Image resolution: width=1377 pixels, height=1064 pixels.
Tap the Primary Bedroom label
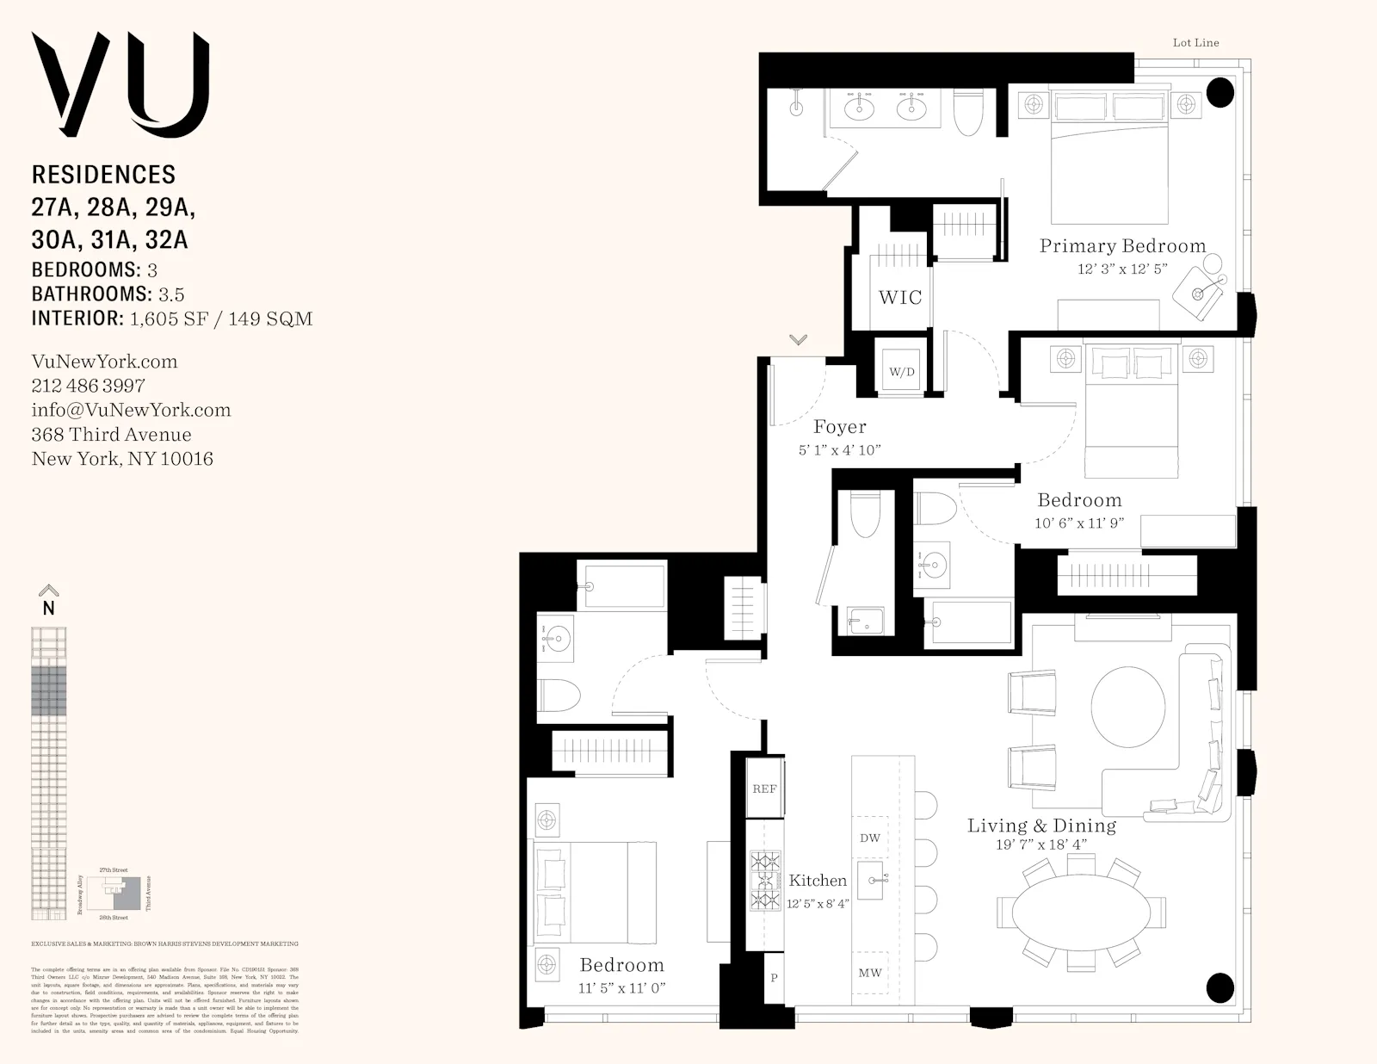[x=1122, y=246]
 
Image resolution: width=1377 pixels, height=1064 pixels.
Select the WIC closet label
[x=899, y=298]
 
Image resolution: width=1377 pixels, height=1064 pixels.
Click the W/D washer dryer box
[x=901, y=372]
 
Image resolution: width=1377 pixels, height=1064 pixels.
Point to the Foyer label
[x=840, y=427]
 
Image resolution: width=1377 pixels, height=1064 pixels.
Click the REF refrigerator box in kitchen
[x=764, y=789]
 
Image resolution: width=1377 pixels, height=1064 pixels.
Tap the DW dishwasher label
[x=870, y=838]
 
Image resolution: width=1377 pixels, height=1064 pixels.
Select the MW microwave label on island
[x=870, y=973]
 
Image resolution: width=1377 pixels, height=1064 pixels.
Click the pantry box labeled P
[x=774, y=978]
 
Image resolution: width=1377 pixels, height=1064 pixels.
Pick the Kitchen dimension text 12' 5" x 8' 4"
[x=818, y=904]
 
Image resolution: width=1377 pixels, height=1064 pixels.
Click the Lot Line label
[x=1195, y=42]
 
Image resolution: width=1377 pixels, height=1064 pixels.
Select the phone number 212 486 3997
[x=88, y=386]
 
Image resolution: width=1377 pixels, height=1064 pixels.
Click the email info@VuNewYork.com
[x=131, y=410]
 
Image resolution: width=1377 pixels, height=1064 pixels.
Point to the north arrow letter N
[x=49, y=608]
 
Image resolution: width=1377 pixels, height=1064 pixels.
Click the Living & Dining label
[x=1041, y=826]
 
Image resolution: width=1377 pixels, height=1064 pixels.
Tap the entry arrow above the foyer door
[x=798, y=340]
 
